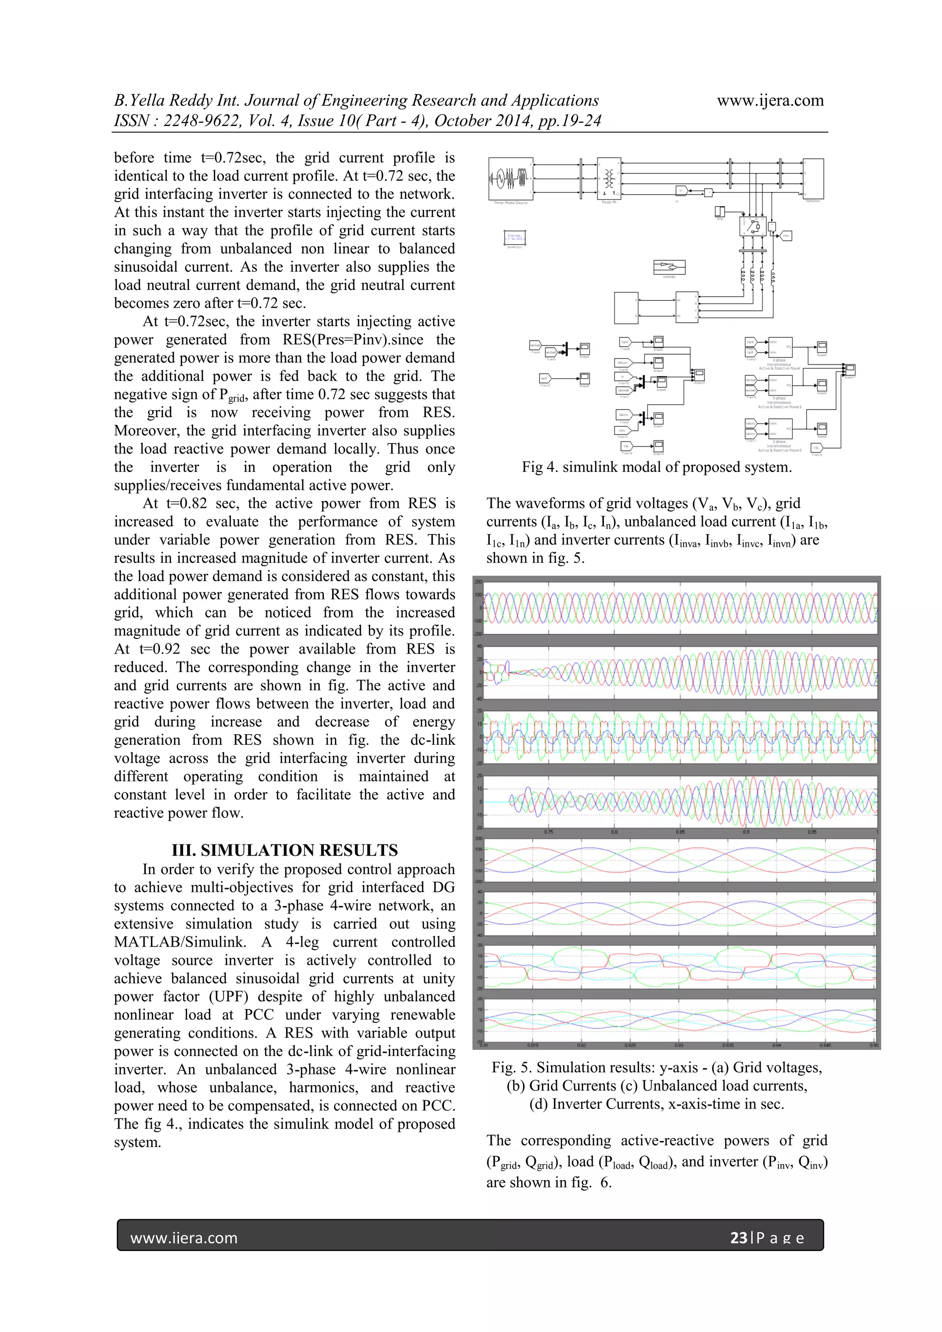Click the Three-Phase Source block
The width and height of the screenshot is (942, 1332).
click(x=511, y=178)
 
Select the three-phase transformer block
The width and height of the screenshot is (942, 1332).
click(x=609, y=178)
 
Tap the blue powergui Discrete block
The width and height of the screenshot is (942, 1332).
click(x=515, y=238)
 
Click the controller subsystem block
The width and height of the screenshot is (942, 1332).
click(x=669, y=267)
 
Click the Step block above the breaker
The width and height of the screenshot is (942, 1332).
click(x=720, y=212)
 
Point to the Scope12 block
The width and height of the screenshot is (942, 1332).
click(x=700, y=375)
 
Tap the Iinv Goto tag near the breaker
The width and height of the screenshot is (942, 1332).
click(x=786, y=235)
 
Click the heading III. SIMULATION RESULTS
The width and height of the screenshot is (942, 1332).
click(x=284, y=850)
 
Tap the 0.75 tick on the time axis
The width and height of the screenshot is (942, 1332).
click(x=548, y=832)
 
